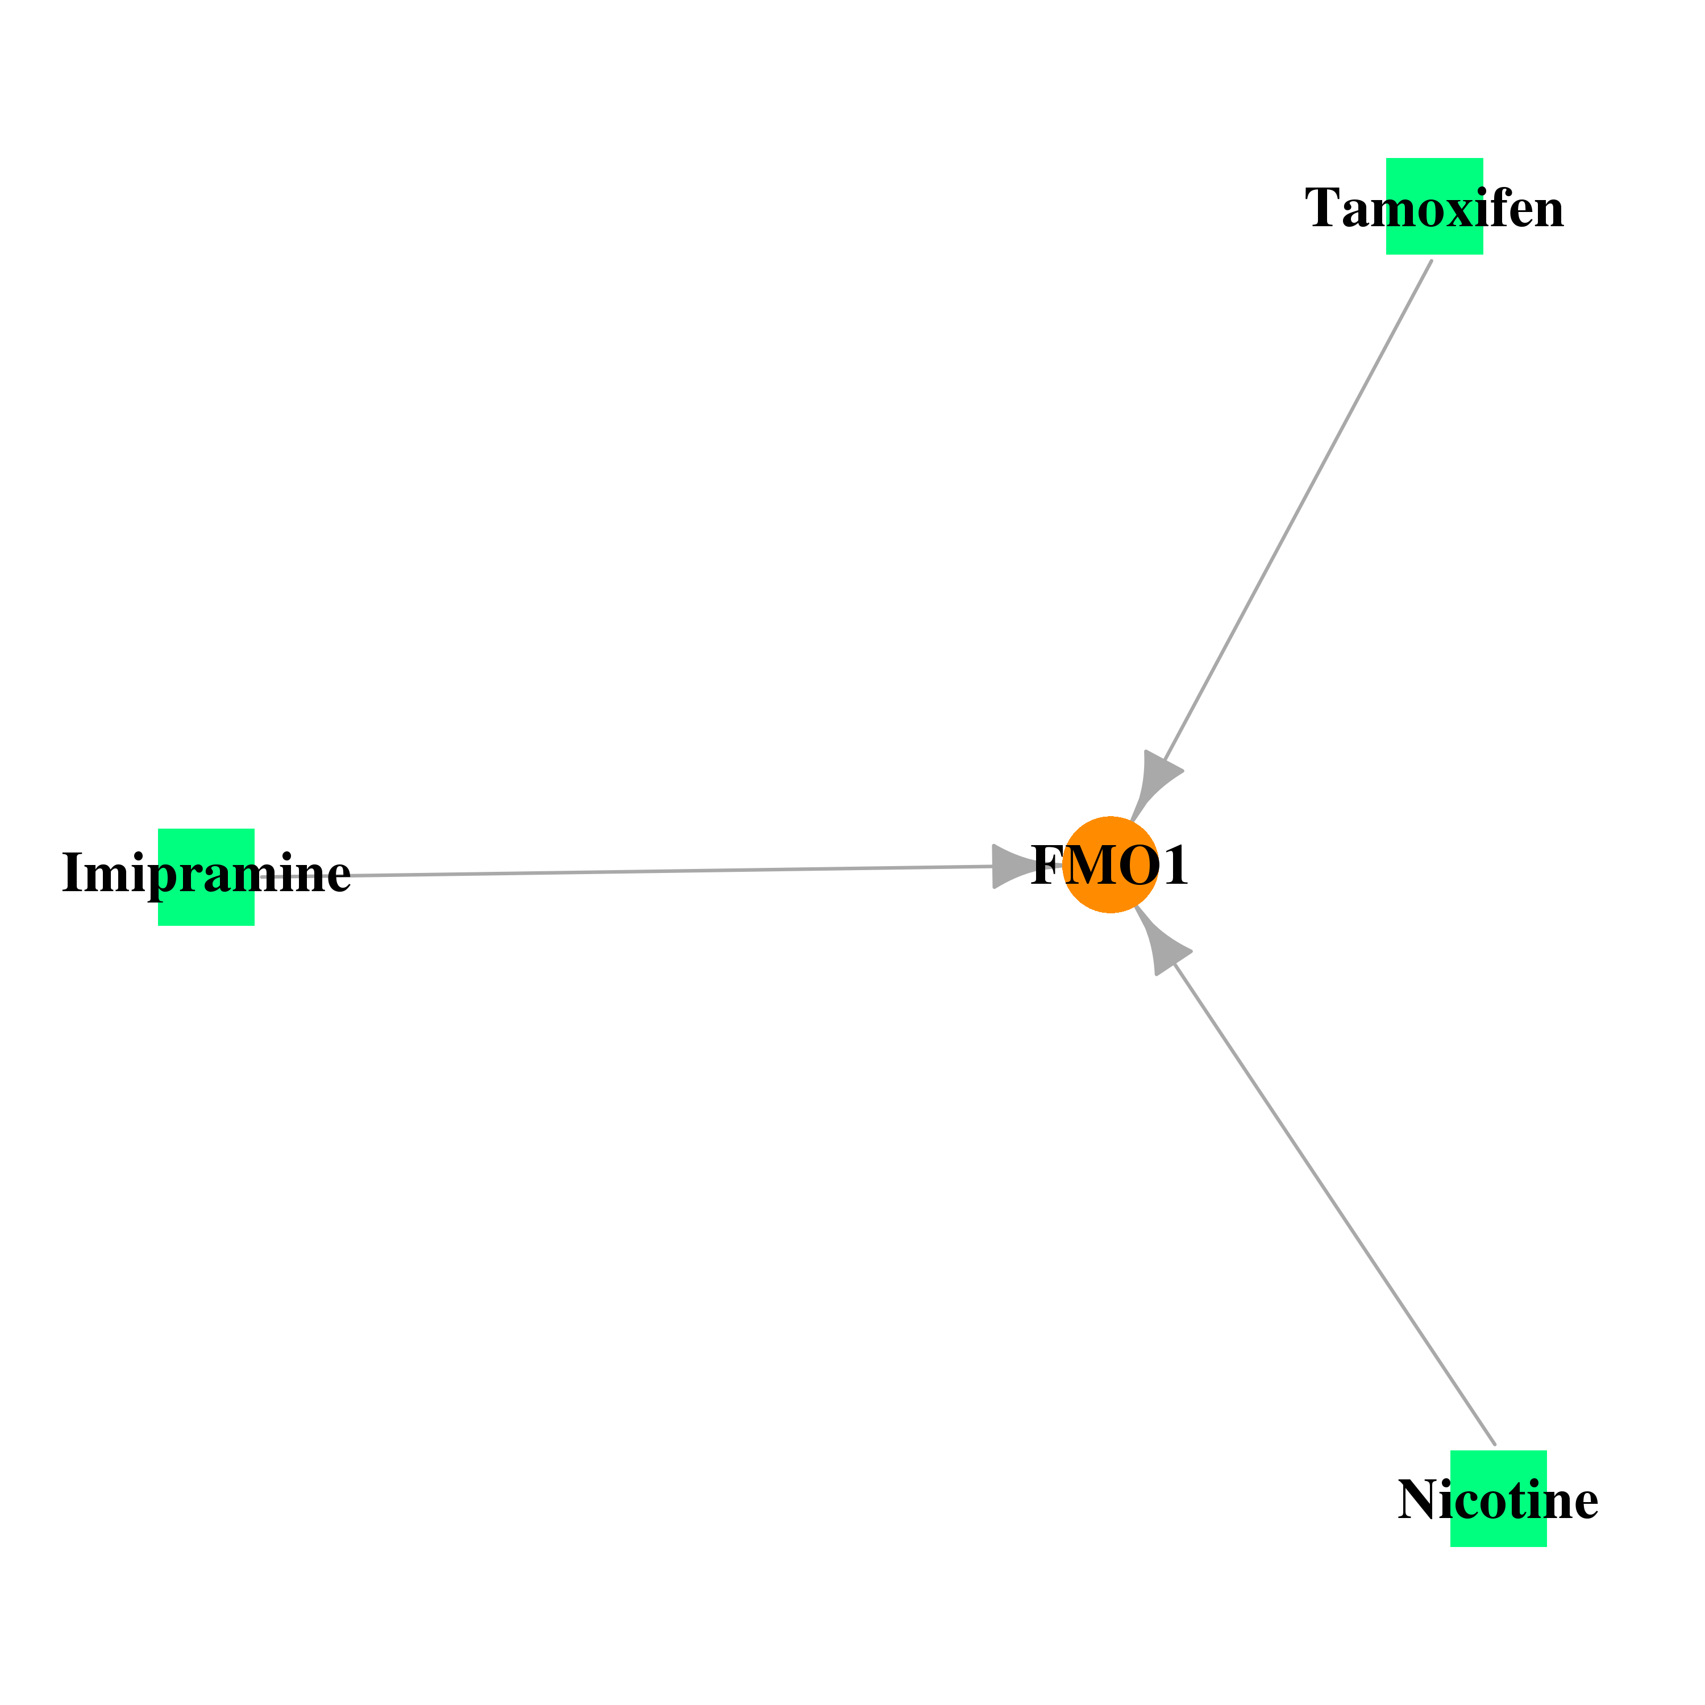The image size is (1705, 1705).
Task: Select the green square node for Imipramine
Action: tap(206, 877)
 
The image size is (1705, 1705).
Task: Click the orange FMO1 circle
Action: tap(1110, 865)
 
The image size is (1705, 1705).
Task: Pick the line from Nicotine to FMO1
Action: tap(1334, 1205)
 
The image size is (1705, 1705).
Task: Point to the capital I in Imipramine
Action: tap(72, 874)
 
